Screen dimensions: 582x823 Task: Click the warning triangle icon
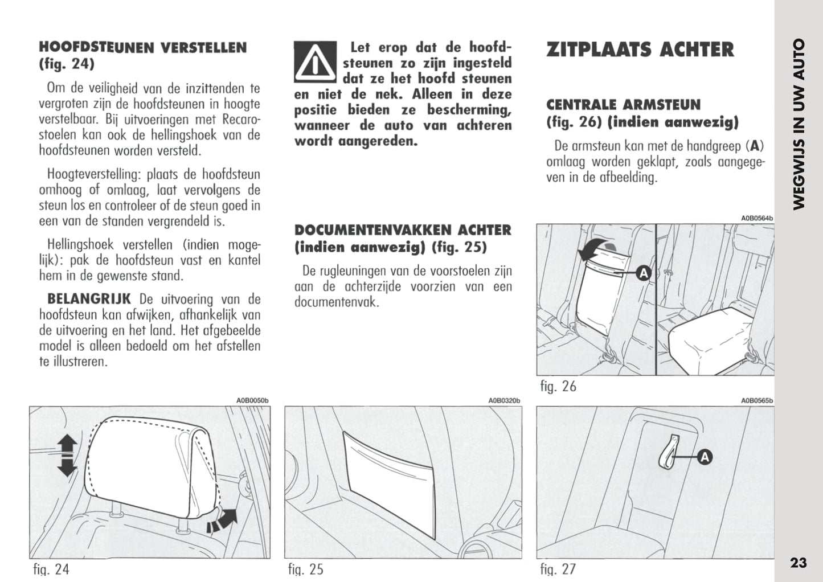(x=315, y=62)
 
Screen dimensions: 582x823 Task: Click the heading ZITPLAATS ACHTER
(x=640, y=50)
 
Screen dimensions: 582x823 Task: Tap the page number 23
(x=799, y=563)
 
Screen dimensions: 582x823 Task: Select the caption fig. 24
(x=51, y=569)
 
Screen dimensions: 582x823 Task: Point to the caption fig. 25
(x=305, y=569)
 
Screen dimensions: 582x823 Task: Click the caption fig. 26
(x=558, y=386)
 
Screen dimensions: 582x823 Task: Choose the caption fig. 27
(x=558, y=569)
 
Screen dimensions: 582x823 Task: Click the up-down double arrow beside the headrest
(x=67, y=455)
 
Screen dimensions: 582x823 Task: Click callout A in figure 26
(x=643, y=274)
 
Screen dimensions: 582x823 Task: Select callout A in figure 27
(x=705, y=457)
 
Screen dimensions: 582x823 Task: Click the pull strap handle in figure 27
(x=669, y=453)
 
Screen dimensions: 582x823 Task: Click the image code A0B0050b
(x=252, y=401)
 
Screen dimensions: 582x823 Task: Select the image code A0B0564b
(x=756, y=218)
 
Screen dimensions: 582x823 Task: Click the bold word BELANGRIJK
(x=89, y=299)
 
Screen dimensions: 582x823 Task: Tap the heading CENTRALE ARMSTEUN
(x=623, y=105)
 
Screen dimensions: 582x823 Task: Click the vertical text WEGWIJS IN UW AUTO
(x=799, y=124)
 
